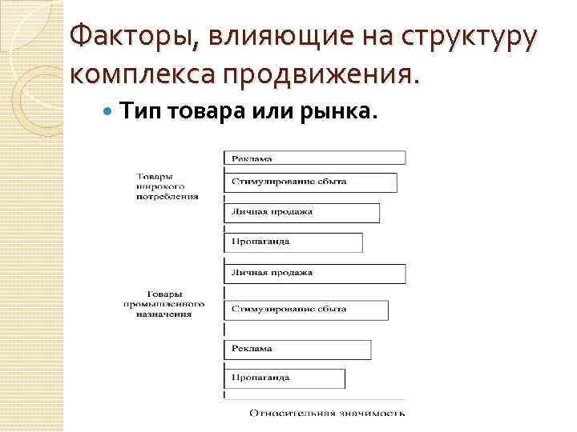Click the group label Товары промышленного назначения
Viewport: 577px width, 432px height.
(163, 304)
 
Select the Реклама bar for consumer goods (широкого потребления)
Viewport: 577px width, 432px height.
(315, 158)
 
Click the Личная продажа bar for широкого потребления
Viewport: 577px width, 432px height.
(302, 212)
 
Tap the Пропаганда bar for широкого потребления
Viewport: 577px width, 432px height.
(293, 242)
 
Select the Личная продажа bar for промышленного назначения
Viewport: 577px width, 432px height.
(315, 272)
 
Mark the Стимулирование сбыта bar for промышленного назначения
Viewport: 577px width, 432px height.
(306, 310)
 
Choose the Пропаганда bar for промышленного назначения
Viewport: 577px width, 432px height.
(284, 378)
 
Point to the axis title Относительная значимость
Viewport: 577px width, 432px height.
(327, 414)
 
